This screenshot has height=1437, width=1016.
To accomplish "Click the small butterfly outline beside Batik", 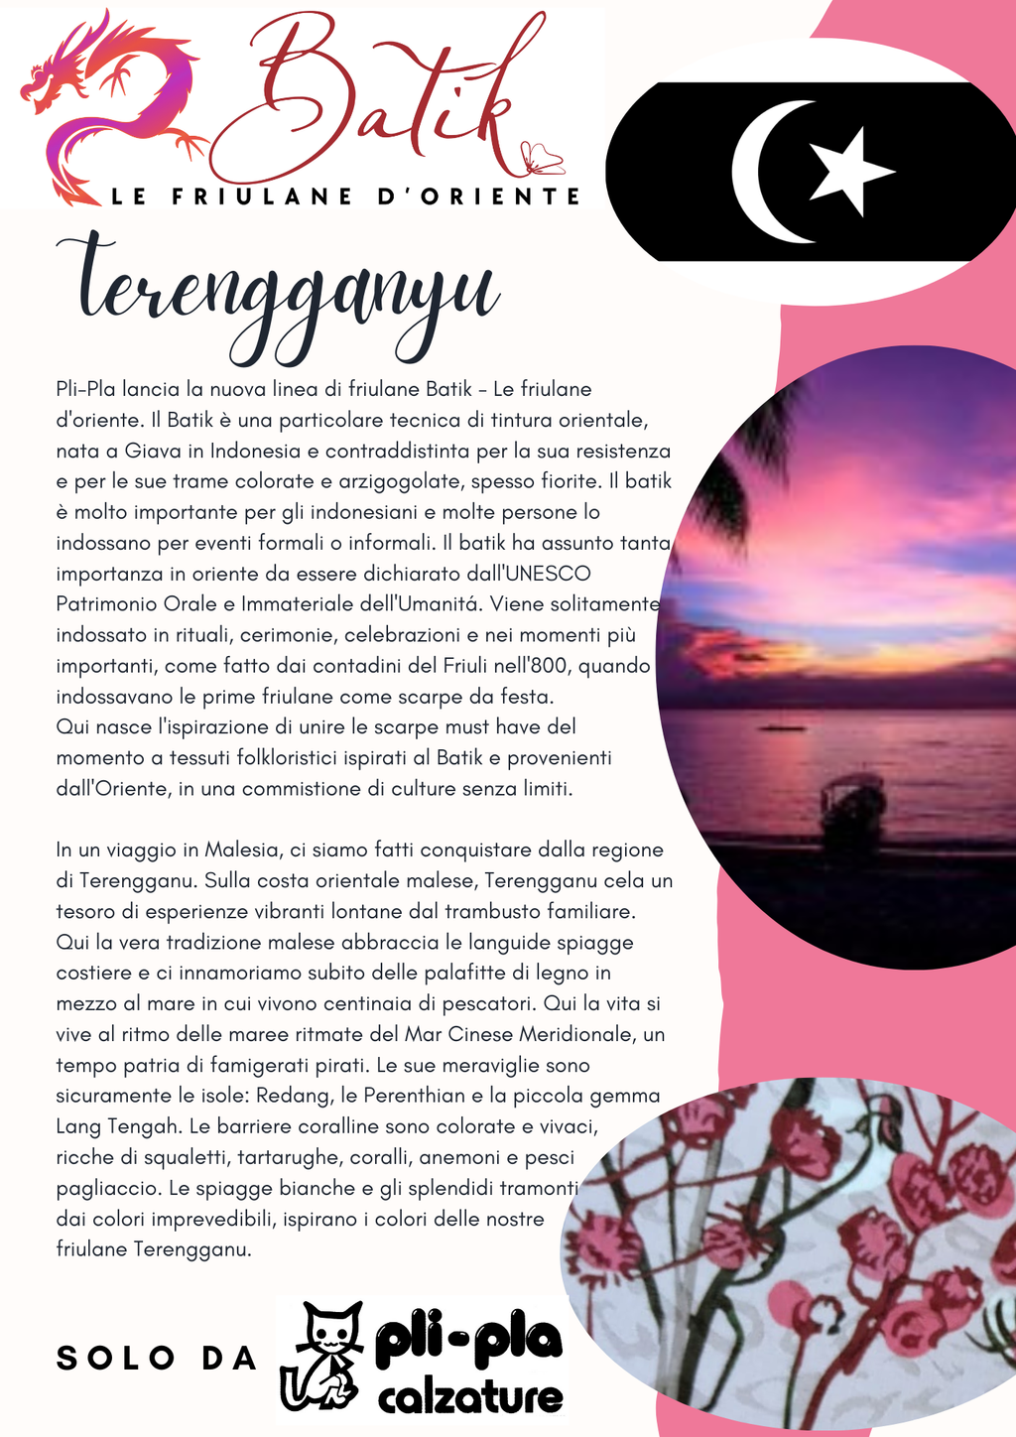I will (542, 159).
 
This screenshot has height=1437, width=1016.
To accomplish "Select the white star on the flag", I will (848, 171).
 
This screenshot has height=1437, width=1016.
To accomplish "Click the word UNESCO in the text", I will (548, 574).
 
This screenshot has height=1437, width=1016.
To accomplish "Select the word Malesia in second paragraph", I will (241, 849).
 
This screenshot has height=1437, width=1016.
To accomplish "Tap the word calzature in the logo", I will (470, 1398).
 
